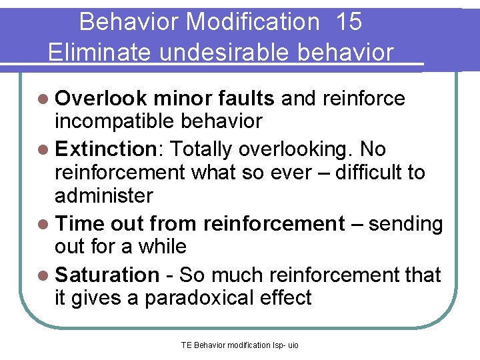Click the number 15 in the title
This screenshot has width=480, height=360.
(349, 22)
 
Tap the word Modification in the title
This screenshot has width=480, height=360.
(253, 22)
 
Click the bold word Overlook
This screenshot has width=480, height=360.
(100, 99)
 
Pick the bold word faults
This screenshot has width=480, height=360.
(241, 99)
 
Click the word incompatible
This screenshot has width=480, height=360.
(107, 122)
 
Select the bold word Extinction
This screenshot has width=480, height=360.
(105, 148)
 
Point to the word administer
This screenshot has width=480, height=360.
(103, 196)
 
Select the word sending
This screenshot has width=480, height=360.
(405, 224)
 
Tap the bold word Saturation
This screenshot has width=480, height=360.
(107, 274)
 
